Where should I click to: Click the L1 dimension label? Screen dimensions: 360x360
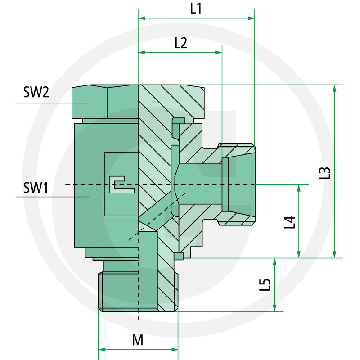click(x=196, y=9)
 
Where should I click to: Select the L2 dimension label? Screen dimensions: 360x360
click(x=180, y=43)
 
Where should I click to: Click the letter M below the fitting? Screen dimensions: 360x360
click(x=138, y=340)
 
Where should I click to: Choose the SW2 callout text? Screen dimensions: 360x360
click(x=36, y=93)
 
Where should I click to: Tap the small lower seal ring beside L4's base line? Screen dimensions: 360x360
click(x=179, y=256)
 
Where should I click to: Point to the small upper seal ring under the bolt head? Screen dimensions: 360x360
click(x=179, y=120)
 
